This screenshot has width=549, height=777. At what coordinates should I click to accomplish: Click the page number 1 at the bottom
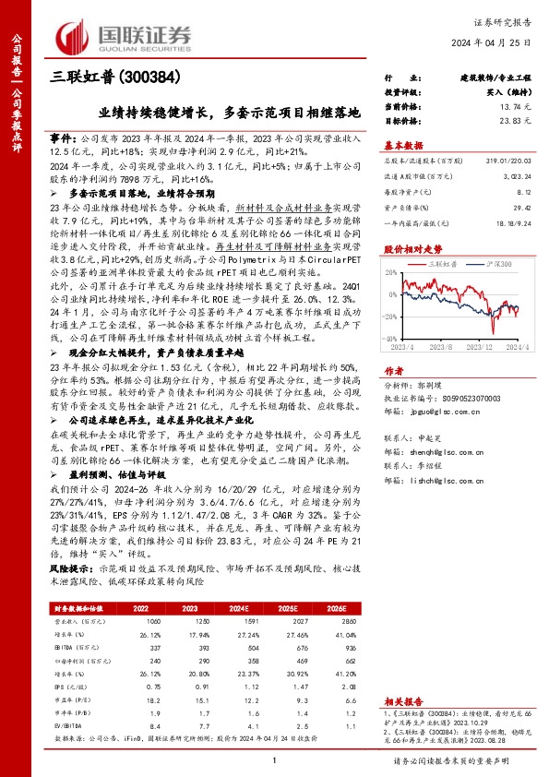[274, 759]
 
